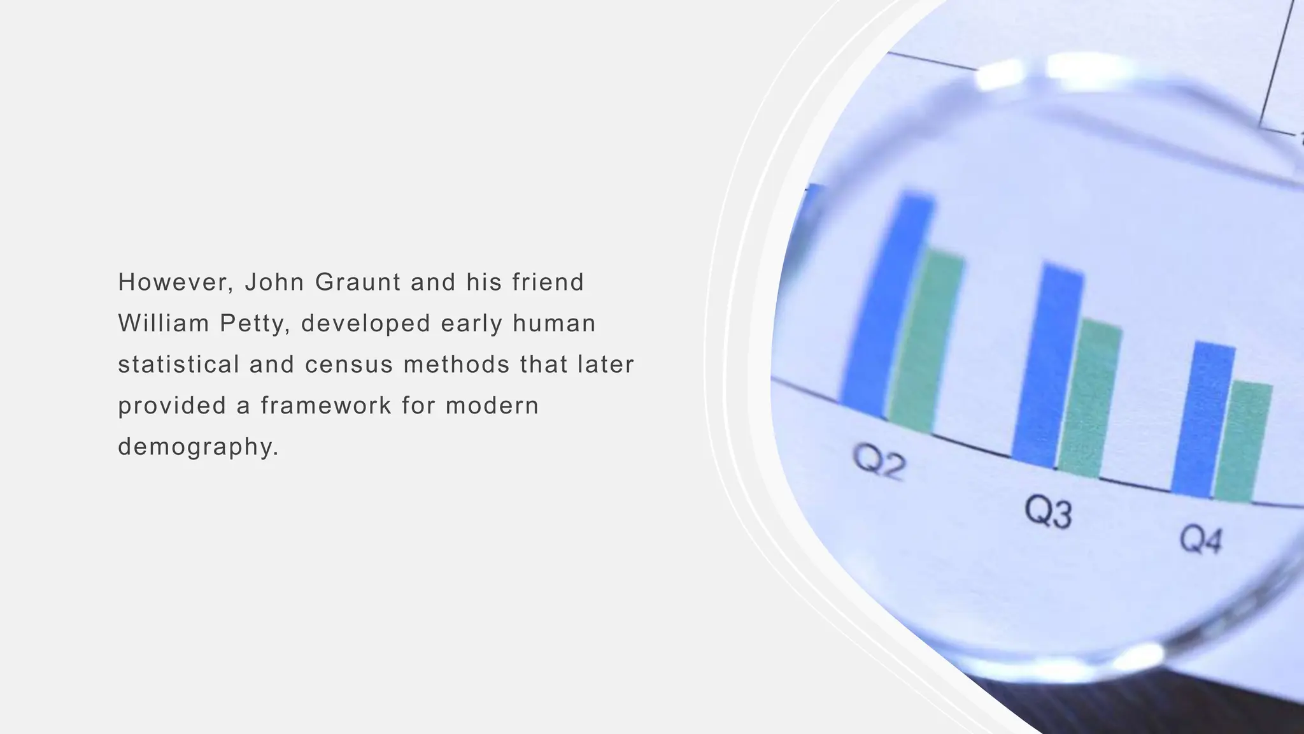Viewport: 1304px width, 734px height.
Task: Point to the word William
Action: [164, 324]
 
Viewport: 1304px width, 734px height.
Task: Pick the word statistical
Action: [179, 365]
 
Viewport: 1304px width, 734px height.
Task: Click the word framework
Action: [326, 406]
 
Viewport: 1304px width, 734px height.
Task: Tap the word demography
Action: [198, 447]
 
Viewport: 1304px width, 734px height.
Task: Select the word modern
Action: [492, 406]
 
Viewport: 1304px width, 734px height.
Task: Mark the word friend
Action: [548, 282]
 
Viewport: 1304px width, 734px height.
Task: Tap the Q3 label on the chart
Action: [1048, 512]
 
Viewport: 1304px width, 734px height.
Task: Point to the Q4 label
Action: [1201, 540]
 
